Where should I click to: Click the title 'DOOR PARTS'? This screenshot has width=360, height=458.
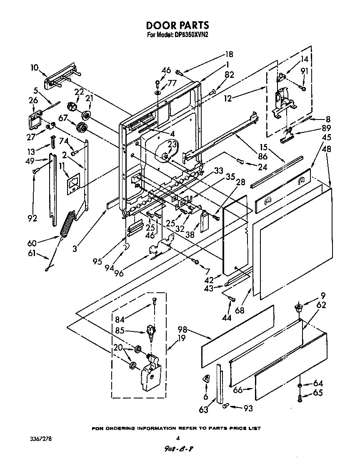[177, 26]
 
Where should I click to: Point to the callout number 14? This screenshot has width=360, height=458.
[305, 60]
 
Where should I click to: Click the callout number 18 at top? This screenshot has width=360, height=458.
[229, 54]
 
